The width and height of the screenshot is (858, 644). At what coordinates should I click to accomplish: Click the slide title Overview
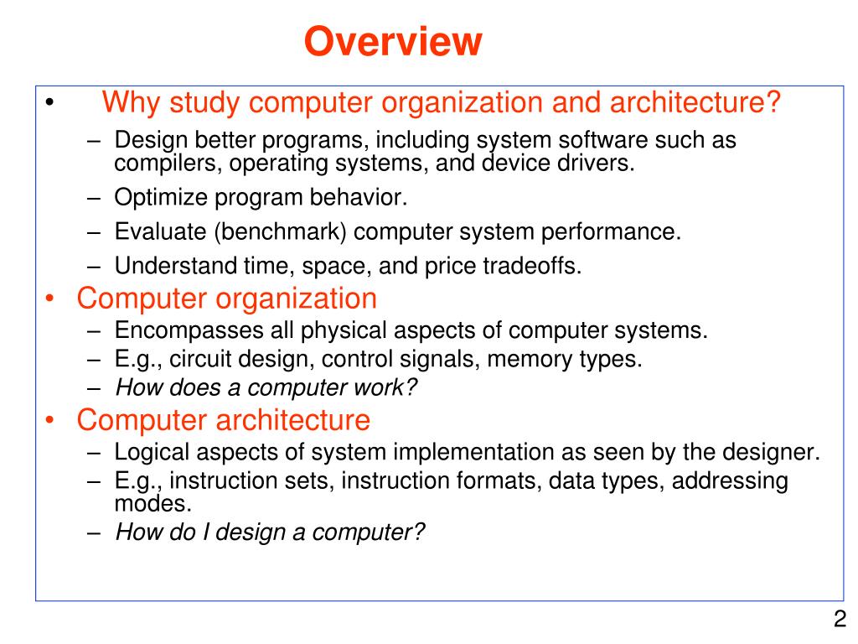pyautogui.click(x=393, y=41)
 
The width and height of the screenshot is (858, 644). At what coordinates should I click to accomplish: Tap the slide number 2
pyautogui.click(x=839, y=621)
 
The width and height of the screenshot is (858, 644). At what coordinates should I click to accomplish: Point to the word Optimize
pyautogui.click(x=160, y=198)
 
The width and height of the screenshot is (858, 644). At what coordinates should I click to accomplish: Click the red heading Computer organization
pyautogui.click(x=227, y=298)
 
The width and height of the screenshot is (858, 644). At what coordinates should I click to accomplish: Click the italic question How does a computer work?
pyautogui.click(x=266, y=388)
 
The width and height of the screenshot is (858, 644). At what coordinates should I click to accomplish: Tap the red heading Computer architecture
pyautogui.click(x=224, y=419)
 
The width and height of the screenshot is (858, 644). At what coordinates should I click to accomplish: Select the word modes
pyautogui.click(x=153, y=505)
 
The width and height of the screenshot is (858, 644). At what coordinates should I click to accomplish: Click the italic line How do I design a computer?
pyautogui.click(x=271, y=532)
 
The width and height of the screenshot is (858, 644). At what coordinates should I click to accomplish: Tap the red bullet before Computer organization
pyautogui.click(x=51, y=299)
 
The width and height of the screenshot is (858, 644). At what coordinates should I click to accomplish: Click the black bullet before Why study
pyautogui.click(x=51, y=106)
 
